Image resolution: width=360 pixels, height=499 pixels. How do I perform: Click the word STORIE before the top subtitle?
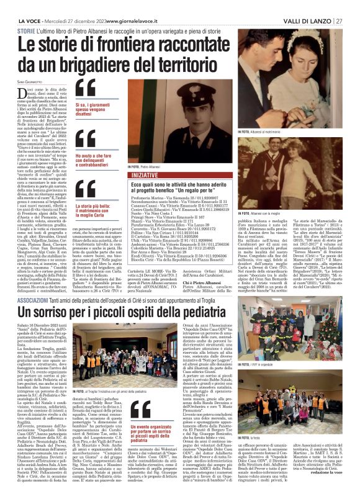27,30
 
